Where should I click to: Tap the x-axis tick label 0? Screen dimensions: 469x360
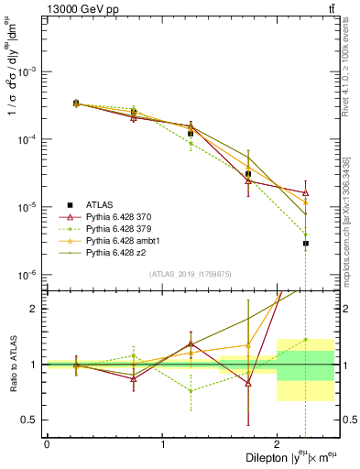pos(47,443)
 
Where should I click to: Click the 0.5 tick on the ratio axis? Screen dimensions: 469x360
pos(34,420)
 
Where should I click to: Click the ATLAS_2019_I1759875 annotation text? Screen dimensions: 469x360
pos(191,274)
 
